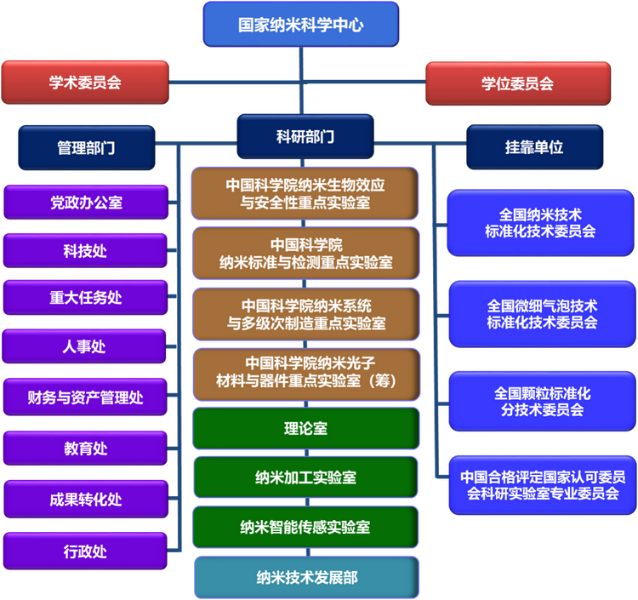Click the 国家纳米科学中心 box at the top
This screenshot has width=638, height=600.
tap(300, 25)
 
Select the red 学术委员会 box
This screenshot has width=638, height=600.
tap(85, 83)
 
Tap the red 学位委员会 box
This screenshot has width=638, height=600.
tap(517, 83)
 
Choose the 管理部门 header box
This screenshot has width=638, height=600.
tap(86, 147)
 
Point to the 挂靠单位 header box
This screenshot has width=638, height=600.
tap(534, 147)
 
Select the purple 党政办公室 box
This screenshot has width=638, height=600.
tap(86, 203)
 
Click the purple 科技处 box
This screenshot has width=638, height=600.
tap(86, 251)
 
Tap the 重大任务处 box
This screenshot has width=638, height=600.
tap(86, 298)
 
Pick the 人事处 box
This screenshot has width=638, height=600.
tap(86, 346)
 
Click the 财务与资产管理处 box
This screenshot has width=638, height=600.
tap(86, 397)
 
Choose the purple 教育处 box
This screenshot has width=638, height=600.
tap(86, 449)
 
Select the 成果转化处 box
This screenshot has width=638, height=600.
tap(86, 500)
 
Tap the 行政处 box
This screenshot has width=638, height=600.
tap(86, 551)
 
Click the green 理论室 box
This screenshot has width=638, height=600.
tap(305, 429)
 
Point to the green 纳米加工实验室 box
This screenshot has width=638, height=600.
tap(305, 478)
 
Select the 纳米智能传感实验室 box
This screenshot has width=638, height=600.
tap(305, 527)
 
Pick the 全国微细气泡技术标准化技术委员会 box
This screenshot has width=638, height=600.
tap(542, 314)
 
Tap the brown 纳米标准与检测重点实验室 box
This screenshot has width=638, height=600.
tap(305, 253)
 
